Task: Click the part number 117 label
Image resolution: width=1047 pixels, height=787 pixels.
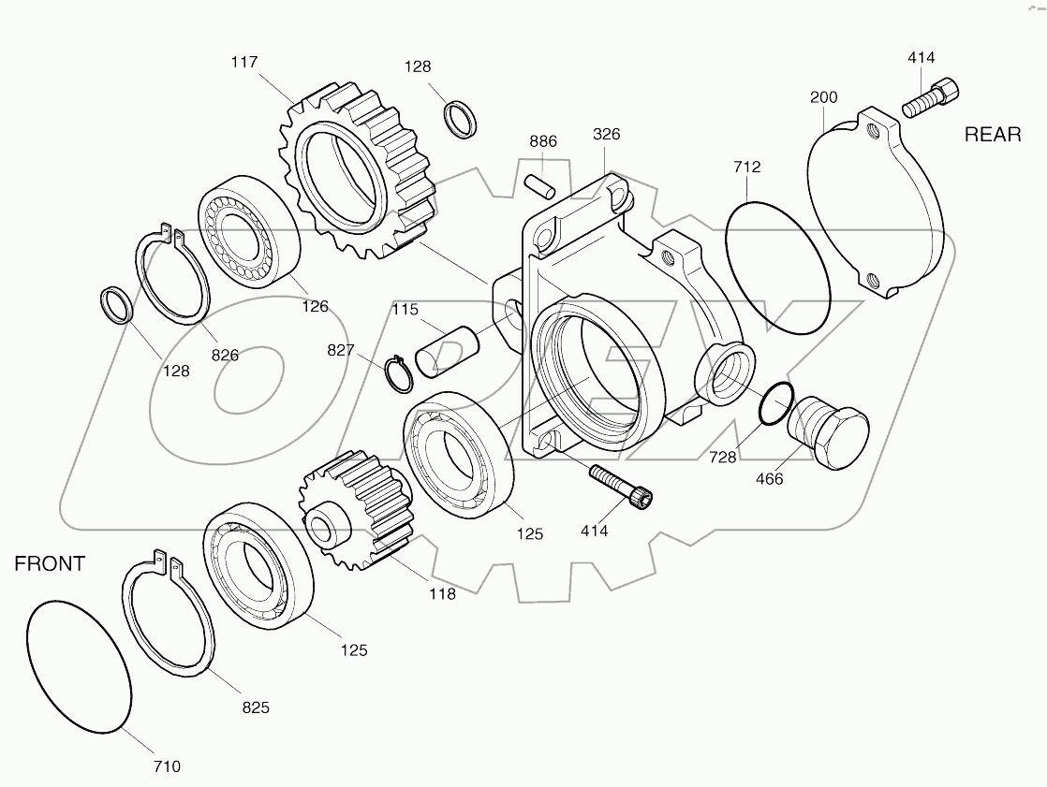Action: (244, 62)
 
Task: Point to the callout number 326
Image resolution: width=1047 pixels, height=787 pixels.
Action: (606, 134)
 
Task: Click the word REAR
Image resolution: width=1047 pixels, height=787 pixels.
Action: (993, 135)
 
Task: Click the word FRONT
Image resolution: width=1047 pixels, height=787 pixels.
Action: (50, 563)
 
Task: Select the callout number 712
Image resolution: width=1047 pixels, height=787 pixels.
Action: (746, 168)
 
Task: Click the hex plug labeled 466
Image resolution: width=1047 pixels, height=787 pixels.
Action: (829, 433)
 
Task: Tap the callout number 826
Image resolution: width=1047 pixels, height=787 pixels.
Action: (225, 355)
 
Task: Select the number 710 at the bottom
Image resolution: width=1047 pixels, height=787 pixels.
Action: (166, 766)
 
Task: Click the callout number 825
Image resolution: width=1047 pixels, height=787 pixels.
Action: (255, 707)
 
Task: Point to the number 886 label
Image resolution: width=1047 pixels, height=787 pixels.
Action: (542, 141)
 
